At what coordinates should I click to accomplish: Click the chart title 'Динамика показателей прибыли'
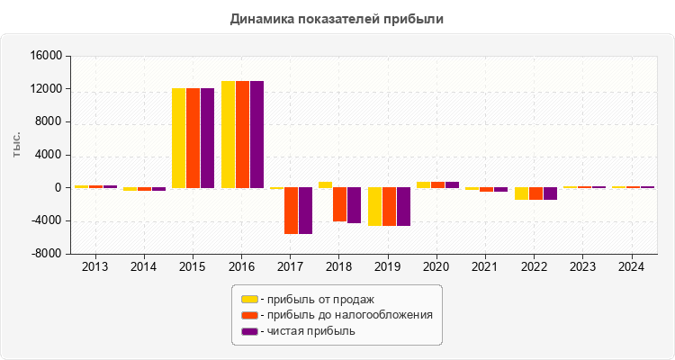(337, 18)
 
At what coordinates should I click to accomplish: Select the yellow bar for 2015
(178, 138)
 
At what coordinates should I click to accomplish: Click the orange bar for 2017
(291, 211)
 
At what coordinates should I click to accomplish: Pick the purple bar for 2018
(354, 205)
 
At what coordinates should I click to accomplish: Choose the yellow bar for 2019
(374, 206)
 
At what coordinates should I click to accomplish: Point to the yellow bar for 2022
(521, 193)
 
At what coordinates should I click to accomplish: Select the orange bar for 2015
(193, 138)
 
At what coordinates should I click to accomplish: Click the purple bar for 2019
(403, 206)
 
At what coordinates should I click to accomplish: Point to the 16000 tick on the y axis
(47, 56)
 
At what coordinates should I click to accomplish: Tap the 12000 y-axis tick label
(47, 89)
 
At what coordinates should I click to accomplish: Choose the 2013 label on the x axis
(95, 266)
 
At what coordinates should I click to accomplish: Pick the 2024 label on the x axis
(633, 266)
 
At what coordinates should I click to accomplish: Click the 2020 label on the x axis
(437, 266)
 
